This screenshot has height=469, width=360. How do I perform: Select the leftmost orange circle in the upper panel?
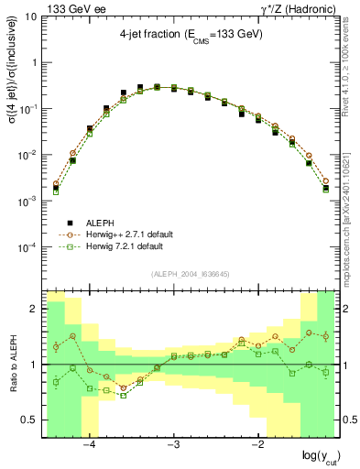(x=56, y=183)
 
